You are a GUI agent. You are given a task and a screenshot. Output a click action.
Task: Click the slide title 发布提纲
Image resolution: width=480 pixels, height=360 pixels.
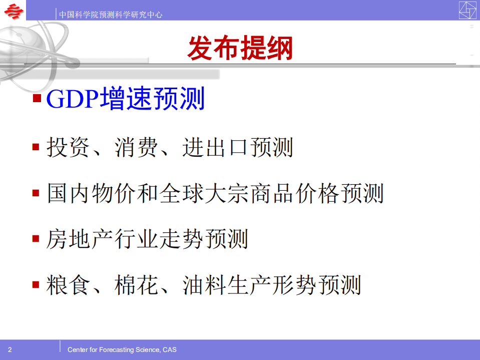(240, 49)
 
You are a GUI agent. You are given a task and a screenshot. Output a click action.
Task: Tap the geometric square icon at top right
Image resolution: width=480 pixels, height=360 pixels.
(467, 10)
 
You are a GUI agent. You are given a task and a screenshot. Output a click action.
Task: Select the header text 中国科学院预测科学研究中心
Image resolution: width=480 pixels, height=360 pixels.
(111, 15)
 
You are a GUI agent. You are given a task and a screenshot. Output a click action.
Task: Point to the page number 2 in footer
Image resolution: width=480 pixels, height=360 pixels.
(10, 349)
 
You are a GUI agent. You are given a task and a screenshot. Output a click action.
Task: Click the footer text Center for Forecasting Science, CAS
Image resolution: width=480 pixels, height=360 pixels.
(122, 349)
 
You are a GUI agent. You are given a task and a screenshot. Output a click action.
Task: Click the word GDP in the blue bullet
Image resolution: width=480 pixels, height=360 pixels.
(72, 99)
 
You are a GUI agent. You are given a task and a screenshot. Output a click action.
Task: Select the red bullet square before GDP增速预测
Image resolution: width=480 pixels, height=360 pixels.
(37, 97)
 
